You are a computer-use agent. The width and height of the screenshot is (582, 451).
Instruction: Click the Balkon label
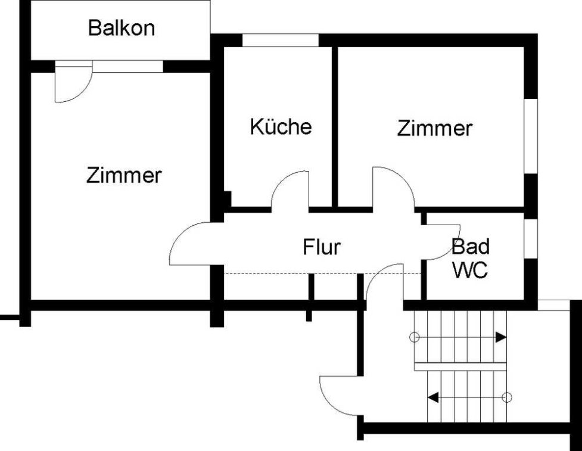122,28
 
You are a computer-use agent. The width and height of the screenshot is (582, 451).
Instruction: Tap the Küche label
281,126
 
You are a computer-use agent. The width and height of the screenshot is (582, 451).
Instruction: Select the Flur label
322,247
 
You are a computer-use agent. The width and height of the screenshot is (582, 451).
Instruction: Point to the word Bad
470,247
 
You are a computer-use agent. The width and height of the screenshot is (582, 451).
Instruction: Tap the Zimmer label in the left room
124,175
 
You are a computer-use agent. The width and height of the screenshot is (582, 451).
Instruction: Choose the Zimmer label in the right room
435,128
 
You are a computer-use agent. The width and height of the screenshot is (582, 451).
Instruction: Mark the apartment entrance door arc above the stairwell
376,275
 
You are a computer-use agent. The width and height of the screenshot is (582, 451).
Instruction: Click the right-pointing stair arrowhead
501,337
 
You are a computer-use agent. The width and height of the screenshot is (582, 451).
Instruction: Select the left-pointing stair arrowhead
433,397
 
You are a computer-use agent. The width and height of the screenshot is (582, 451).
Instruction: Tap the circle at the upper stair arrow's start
414,337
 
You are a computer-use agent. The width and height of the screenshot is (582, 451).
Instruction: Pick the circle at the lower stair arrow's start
507,397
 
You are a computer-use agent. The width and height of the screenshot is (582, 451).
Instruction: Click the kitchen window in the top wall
281,40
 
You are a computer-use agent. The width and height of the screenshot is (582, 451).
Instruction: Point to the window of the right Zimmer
531,136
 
